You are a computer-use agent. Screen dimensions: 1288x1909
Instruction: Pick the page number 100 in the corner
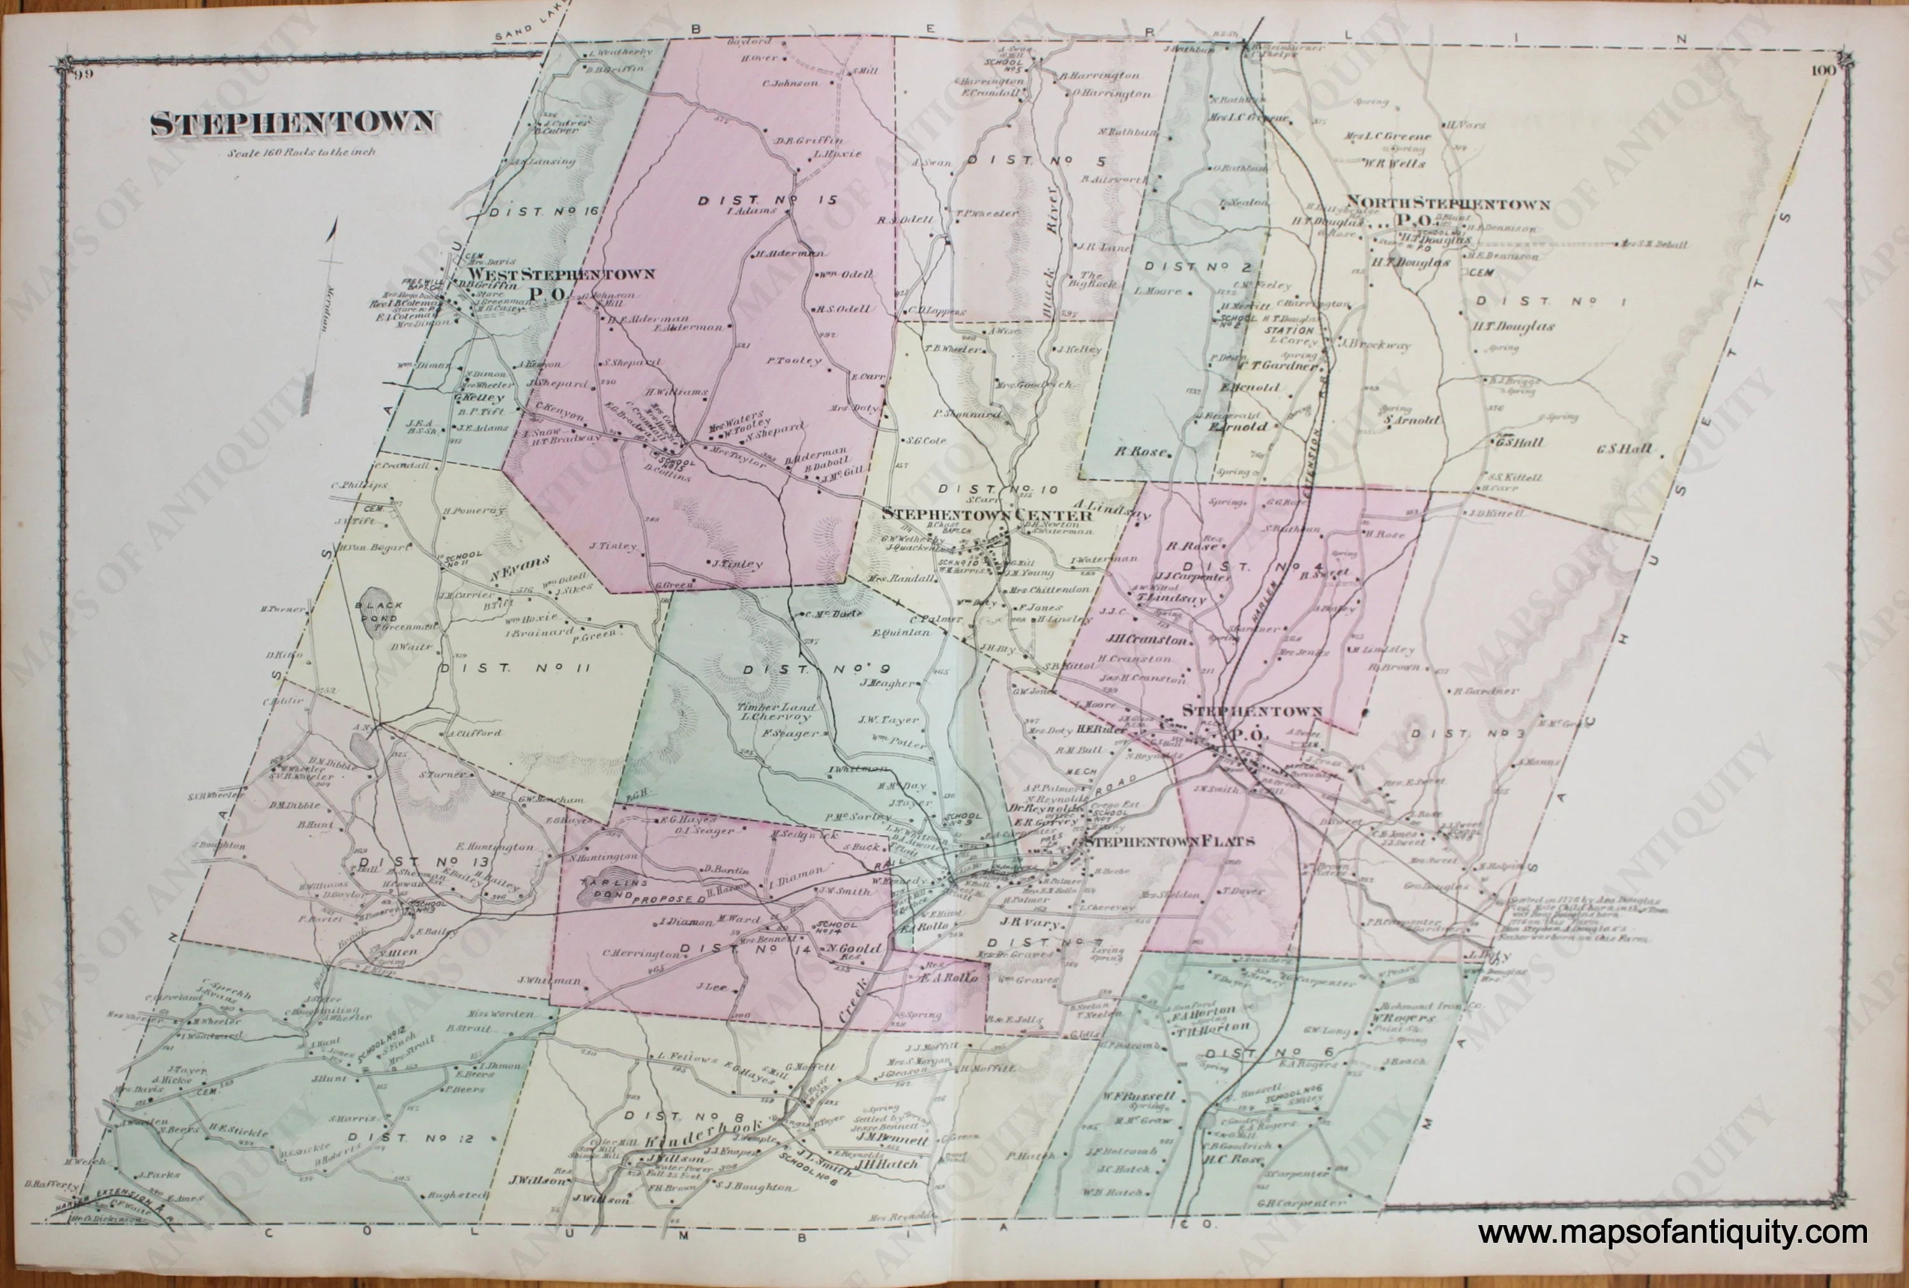tap(1815, 71)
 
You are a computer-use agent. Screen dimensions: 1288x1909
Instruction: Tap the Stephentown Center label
tap(986, 515)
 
